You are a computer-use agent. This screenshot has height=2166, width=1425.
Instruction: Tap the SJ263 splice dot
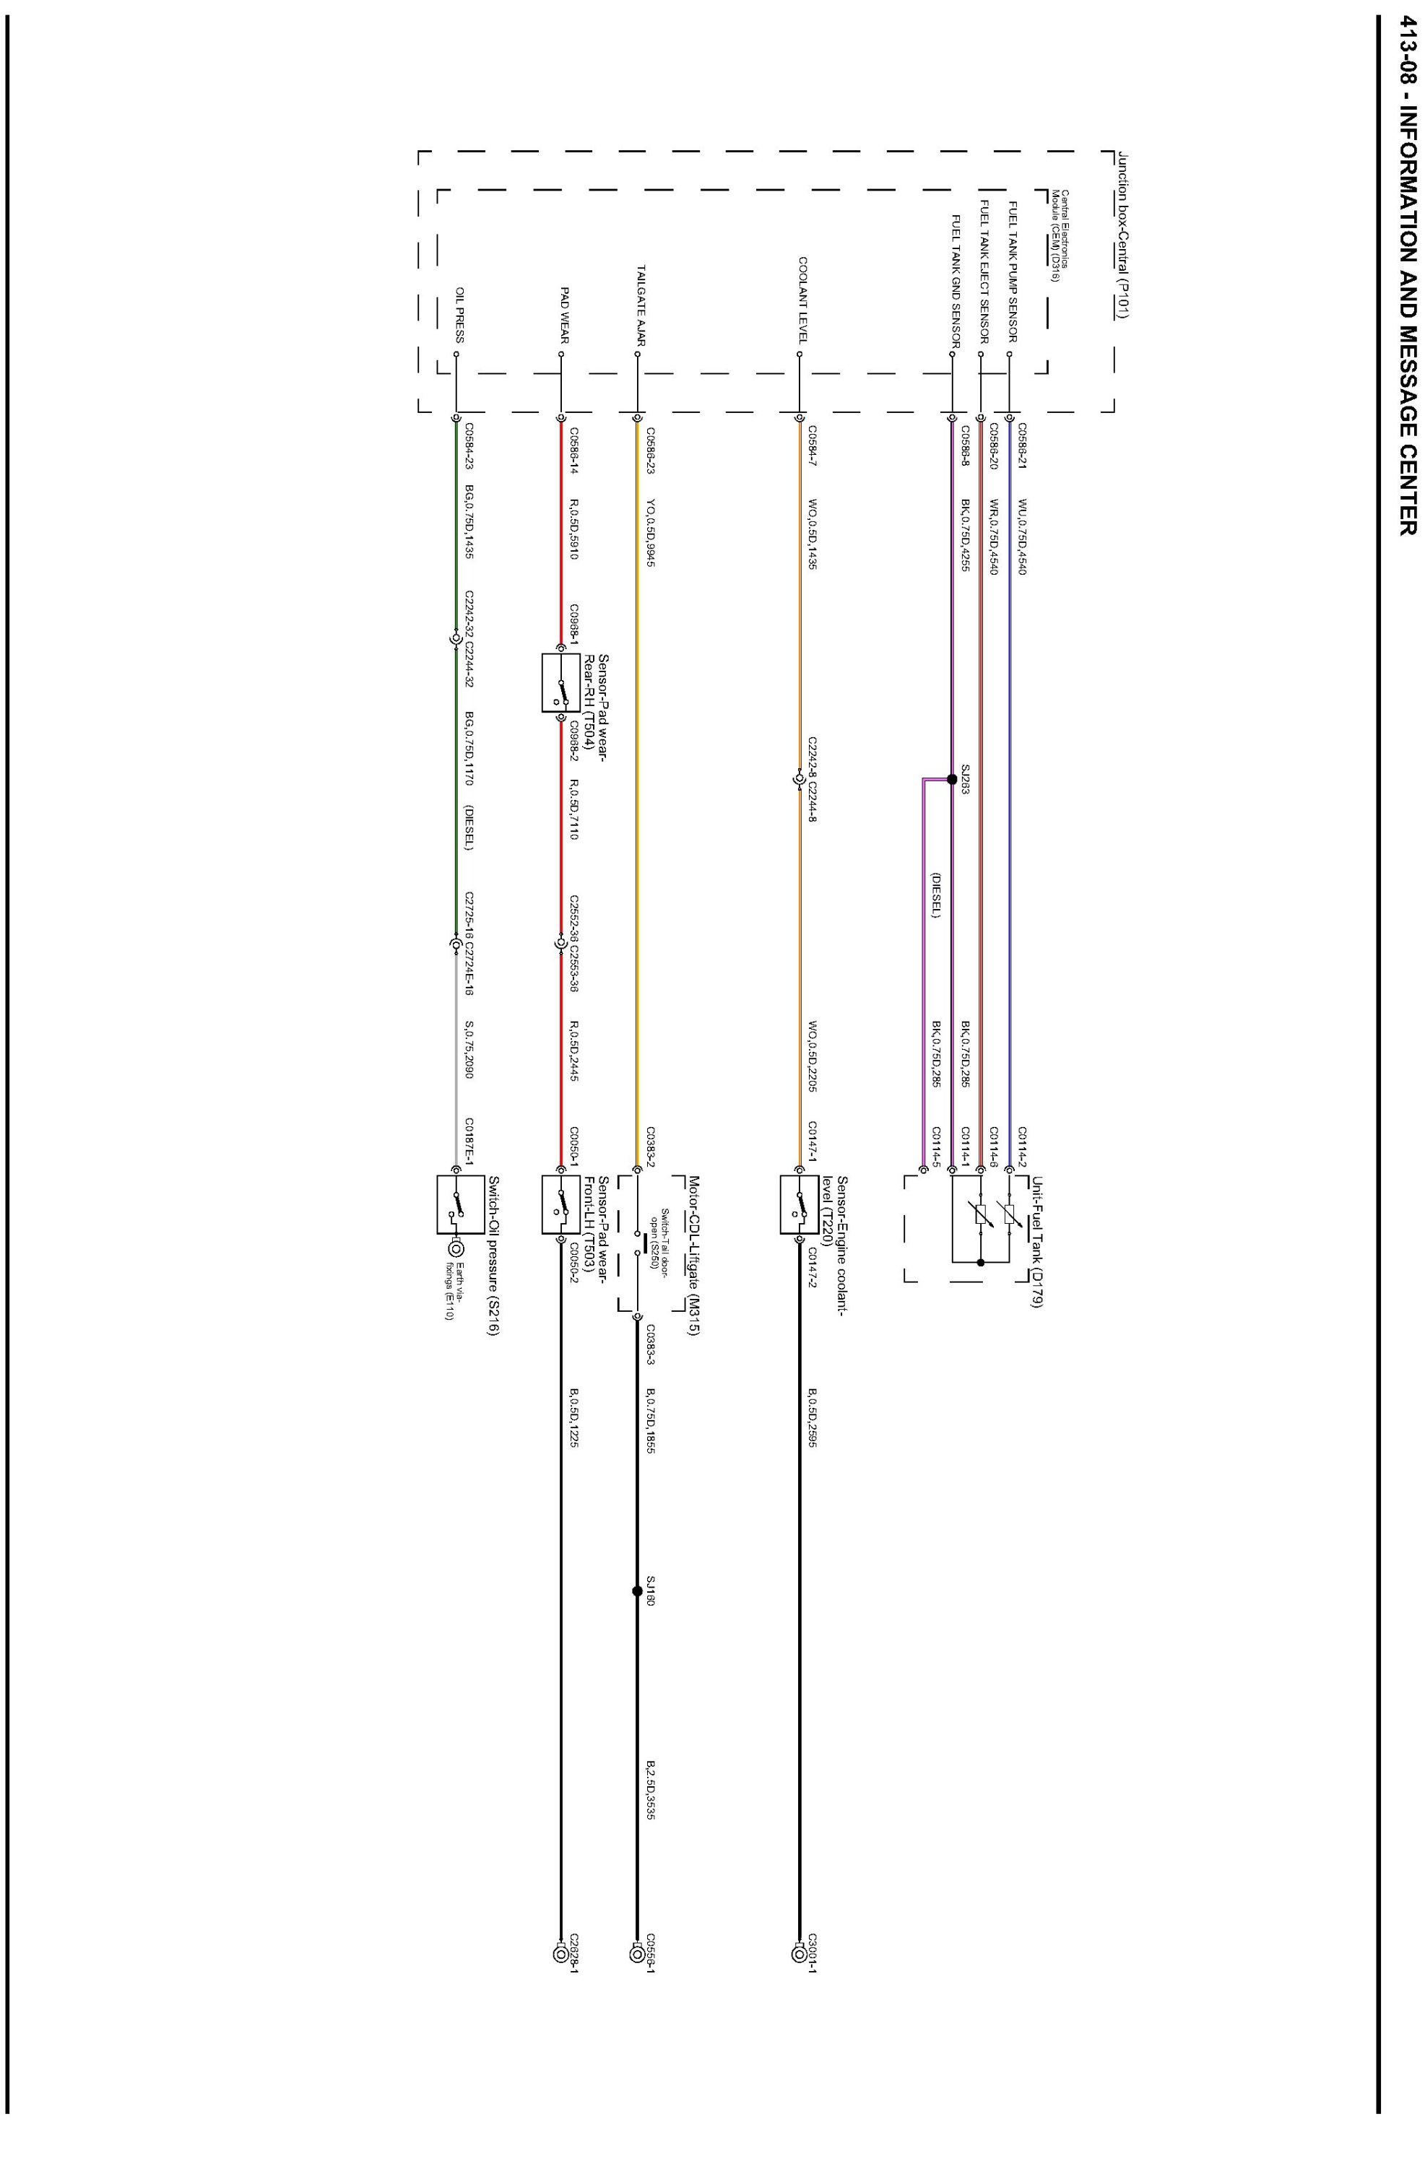click(951, 779)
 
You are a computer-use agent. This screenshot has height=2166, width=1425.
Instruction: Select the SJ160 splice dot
click(636, 1591)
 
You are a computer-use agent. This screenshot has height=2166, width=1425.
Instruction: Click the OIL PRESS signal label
click(460, 315)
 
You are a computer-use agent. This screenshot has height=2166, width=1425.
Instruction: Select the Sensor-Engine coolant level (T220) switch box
click(800, 1204)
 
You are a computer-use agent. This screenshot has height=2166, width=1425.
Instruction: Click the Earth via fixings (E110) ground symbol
click(456, 1248)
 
